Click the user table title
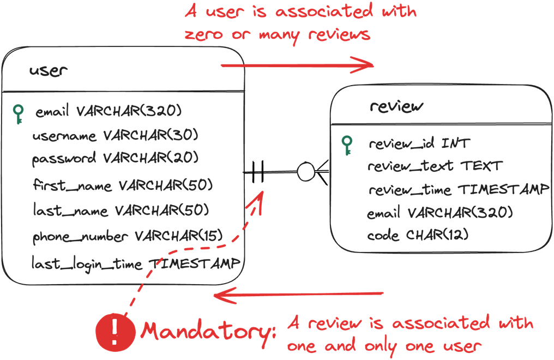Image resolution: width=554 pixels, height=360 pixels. tap(49, 71)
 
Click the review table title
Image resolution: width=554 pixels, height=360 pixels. tap(396, 106)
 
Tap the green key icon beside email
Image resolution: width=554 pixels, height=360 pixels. tap(19, 113)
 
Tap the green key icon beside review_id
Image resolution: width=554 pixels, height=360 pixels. tap(346, 145)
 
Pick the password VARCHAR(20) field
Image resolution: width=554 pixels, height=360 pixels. tap(115, 158)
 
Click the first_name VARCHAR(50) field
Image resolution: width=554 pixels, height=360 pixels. tap(122, 185)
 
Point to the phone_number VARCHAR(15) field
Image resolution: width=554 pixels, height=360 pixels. tap(128, 236)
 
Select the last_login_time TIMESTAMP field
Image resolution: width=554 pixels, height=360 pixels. tap(135, 263)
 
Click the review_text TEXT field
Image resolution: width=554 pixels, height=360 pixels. tap(435, 166)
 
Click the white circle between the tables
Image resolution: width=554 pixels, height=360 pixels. tap(306, 172)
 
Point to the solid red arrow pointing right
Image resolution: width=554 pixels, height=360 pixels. tap(297, 66)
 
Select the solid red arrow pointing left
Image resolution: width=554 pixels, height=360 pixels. tap(298, 296)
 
